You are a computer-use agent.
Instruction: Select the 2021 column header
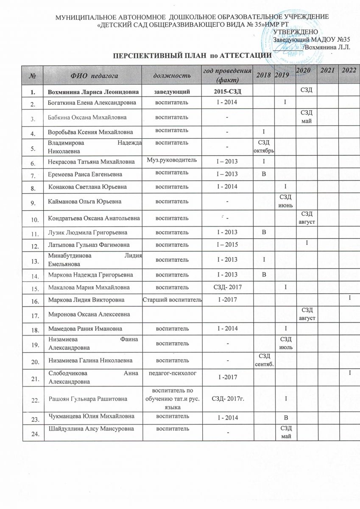326,70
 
